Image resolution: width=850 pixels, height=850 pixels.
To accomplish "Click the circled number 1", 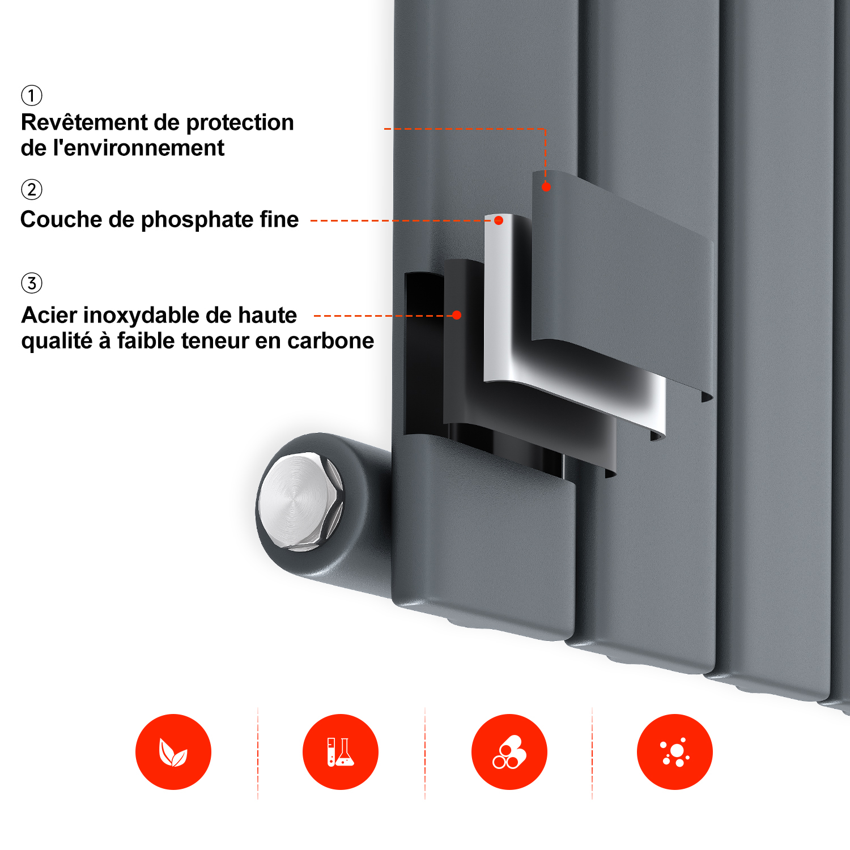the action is pos(32,95).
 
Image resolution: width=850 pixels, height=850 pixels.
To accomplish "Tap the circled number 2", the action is pos(32,189).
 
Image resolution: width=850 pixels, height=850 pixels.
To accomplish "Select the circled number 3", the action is pos(32,283).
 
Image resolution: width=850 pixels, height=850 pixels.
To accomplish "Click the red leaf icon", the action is pos(173,752).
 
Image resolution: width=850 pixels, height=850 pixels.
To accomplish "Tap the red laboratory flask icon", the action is pos(341,752).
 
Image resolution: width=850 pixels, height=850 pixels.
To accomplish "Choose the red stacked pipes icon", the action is pos(509,752).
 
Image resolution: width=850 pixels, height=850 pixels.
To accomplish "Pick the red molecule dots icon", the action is pos(675,752).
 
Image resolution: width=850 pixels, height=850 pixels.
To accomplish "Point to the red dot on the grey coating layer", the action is pos(546,186).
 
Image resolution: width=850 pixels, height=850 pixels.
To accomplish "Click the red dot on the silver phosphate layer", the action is pos(499,220).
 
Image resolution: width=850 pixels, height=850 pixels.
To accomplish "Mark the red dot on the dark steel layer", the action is pos(457,315).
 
